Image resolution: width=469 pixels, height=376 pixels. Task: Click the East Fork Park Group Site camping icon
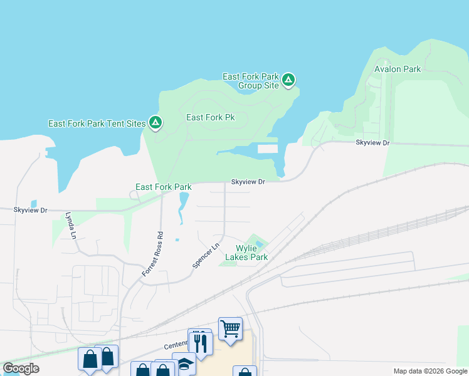tap(288, 80)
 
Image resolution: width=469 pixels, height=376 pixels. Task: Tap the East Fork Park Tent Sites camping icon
tap(155, 123)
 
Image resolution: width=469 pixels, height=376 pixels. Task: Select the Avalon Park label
tap(398, 69)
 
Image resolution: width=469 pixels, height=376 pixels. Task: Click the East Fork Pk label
tap(211, 117)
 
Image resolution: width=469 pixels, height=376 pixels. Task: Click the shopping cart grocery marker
tap(231, 328)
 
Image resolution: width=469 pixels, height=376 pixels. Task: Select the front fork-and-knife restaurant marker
tap(201, 343)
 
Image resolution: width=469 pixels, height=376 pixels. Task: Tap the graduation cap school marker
tap(184, 364)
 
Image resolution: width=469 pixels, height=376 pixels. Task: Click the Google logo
tap(21, 368)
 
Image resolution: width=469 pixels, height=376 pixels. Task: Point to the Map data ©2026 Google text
tap(429, 371)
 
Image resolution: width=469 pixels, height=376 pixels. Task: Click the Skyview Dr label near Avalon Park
tap(372, 143)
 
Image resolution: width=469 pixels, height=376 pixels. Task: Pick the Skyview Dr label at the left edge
tap(31, 210)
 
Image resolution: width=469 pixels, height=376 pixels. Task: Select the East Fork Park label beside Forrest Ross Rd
tap(164, 187)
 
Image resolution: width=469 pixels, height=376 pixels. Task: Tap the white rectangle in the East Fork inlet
tap(267, 149)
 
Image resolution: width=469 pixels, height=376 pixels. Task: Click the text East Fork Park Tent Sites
tap(97, 123)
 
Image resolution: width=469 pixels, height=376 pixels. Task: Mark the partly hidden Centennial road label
tap(176, 345)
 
